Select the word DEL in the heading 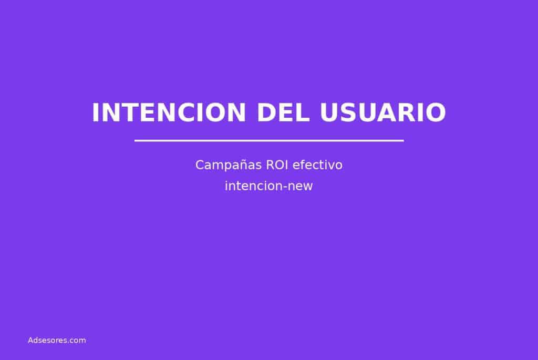[x=283, y=113]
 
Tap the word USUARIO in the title [x=382, y=113]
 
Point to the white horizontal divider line [x=269, y=140]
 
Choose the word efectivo [x=317, y=165]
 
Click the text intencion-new [x=269, y=186]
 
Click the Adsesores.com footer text [x=57, y=341]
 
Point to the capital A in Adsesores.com [x=30, y=341]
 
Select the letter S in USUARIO [x=349, y=113]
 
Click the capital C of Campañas [x=200, y=165]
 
